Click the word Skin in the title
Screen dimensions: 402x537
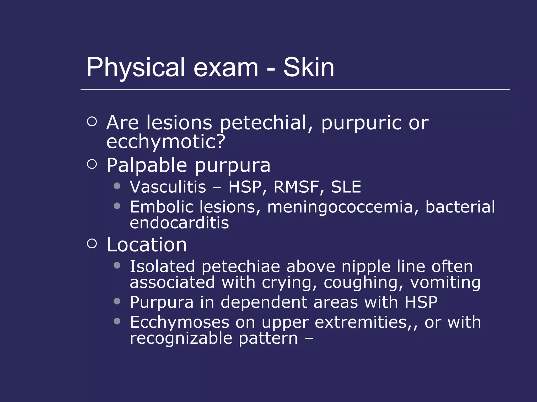[x=309, y=68]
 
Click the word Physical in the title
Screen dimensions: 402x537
[x=136, y=68]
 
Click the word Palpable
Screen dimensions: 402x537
[x=147, y=165]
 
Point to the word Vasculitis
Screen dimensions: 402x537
[x=168, y=187]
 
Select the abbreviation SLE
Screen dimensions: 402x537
[x=346, y=187]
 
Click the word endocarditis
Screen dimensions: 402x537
[x=179, y=223]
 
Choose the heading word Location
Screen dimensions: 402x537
[x=147, y=245]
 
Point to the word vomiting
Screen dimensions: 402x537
[x=445, y=283]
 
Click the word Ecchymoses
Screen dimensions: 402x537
[x=180, y=322]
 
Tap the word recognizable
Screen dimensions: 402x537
[x=181, y=338]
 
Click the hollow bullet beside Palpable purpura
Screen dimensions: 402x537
[x=92, y=164]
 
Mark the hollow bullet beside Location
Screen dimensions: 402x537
[x=92, y=243]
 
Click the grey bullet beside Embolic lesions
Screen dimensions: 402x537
[x=117, y=206]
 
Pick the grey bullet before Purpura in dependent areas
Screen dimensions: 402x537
[x=117, y=301]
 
